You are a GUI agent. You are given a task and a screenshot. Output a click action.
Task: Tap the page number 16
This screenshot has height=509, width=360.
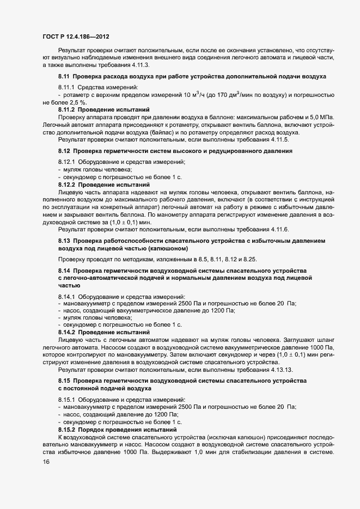click(46, 462)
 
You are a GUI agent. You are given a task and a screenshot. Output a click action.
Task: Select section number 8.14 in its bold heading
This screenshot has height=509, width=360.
click(64, 271)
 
